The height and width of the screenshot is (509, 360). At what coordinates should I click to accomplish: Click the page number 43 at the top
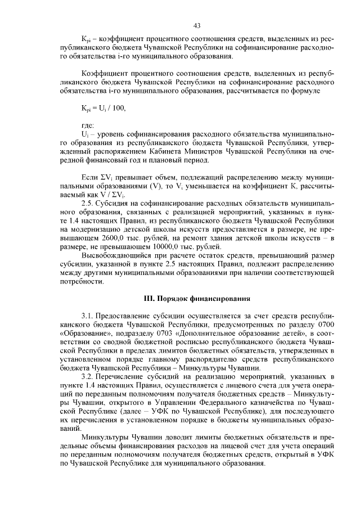pos(197,25)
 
